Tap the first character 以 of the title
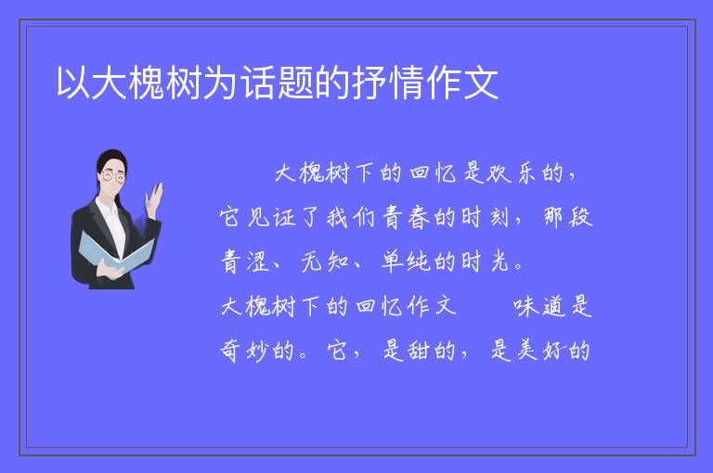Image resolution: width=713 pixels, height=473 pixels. pyautogui.click(x=73, y=83)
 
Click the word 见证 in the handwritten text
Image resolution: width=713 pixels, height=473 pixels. pyautogui.click(x=271, y=217)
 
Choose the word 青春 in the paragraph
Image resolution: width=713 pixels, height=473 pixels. pyautogui.click(x=406, y=217)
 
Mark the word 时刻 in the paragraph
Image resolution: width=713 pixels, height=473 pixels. pyautogui.click(x=486, y=217)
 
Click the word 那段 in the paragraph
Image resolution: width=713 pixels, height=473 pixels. pyautogui.click(x=568, y=217)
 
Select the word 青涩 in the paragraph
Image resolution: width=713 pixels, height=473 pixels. pyautogui.click(x=245, y=262)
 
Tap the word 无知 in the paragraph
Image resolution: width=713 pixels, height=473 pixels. pyautogui.click(x=325, y=262)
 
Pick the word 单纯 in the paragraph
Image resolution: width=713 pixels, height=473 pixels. pyautogui.click(x=406, y=262)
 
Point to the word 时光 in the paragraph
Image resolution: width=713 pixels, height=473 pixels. pyautogui.click(x=486, y=262)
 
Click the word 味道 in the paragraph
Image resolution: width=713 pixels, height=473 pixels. pyautogui.click(x=538, y=306)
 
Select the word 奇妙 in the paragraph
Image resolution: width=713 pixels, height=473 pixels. pyautogui.click(x=245, y=351)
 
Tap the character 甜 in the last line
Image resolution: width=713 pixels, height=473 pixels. pyautogui.click(x=419, y=351)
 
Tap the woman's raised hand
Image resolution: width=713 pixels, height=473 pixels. pyautogui.click(x=154, y=198)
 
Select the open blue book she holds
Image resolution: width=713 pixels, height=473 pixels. pyautogui.click(x=116, y=253)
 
